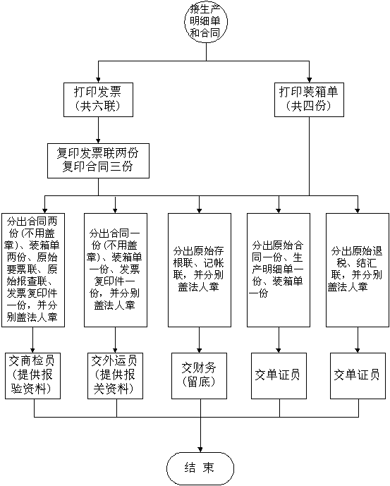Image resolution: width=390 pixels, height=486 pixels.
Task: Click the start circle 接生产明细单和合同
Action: pos(206,22)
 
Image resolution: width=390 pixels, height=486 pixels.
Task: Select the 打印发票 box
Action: pos(98,99)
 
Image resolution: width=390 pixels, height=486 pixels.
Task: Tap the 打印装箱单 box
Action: pos(309,99)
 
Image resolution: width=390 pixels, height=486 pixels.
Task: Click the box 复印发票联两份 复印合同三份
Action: pos(98,161)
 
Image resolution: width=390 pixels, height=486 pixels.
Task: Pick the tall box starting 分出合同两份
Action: pos(33,270)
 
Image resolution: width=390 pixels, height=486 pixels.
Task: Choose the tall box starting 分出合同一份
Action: pos(116,270)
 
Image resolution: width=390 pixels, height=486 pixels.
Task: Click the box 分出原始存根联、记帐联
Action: pos(200,270)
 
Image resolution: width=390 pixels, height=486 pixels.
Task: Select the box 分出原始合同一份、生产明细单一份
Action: pos(279,270)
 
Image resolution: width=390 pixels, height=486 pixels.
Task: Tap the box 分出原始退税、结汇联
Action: pos(358,270)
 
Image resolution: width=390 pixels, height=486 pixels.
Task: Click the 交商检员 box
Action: pos(32,376)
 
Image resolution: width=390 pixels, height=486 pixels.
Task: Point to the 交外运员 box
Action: pos(115,376)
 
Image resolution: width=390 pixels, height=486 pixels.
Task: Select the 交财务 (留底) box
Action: pos(200,376)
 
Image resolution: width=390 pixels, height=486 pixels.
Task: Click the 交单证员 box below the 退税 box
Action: pos(358,376)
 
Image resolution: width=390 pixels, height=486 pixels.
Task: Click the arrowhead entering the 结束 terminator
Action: pos(200,449)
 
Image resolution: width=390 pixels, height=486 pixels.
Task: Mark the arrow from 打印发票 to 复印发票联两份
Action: pos(98,130)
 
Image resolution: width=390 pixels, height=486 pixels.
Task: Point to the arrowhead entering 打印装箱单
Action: pos(309,80)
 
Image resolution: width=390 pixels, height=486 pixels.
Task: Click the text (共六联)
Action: pos(98,107)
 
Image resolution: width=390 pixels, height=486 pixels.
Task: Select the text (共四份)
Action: pos(309,107)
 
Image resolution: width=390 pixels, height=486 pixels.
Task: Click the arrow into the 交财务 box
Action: pos(200,340)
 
